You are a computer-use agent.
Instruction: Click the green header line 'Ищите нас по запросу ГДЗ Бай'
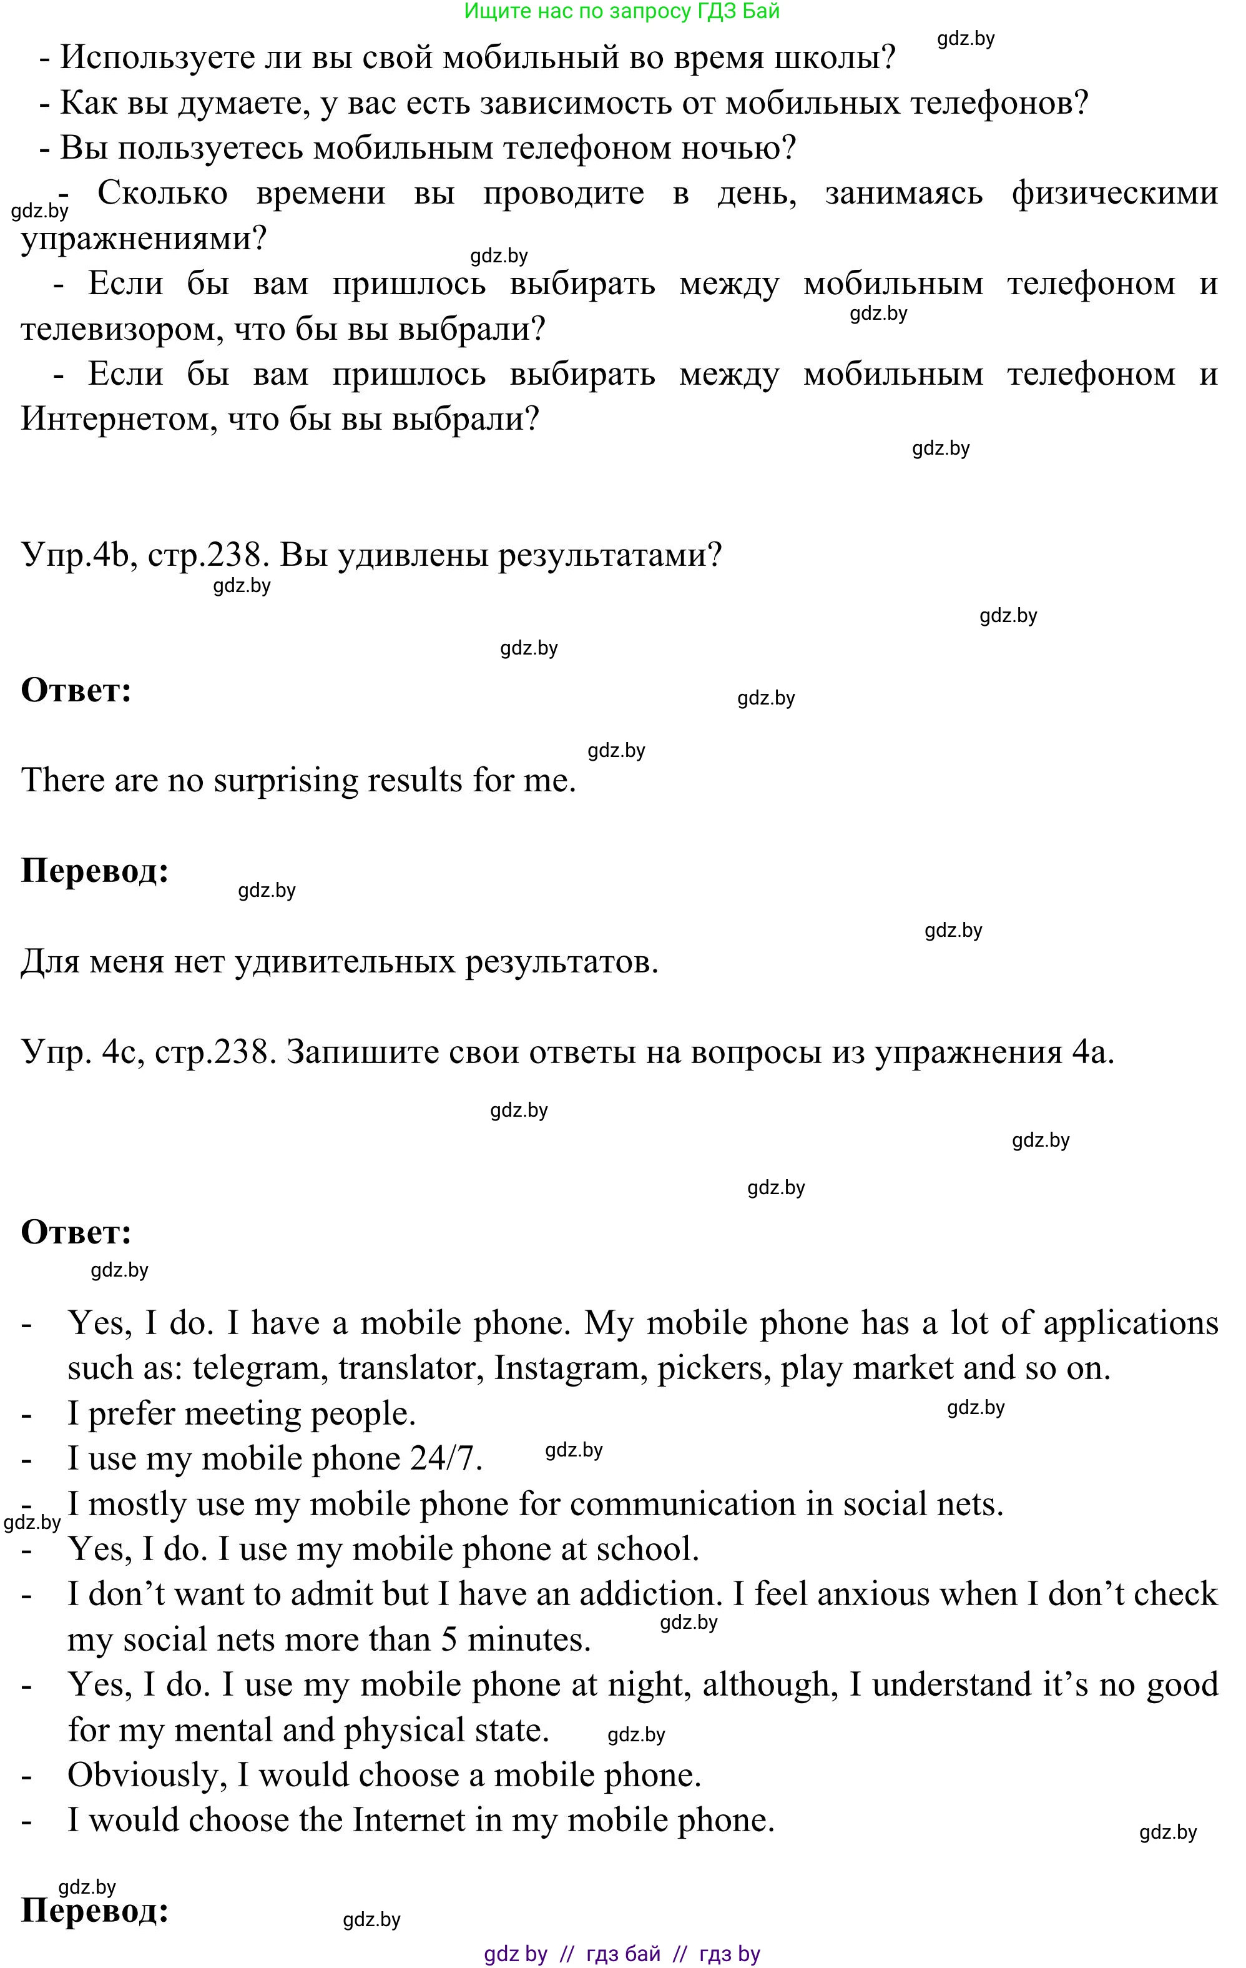tap(622, 11)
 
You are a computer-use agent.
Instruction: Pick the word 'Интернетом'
tap(113, 419)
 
